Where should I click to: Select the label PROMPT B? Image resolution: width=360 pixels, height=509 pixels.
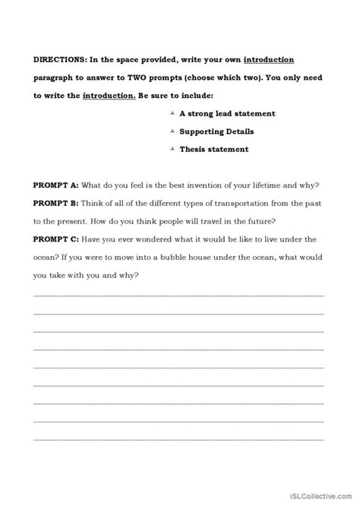tap(57, 204)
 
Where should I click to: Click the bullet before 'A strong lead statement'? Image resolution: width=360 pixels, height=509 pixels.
tap(173, 113)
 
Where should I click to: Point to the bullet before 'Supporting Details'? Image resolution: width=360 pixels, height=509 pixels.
tap(173, 131)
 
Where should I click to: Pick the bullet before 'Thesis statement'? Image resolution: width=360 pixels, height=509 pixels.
tap(173, 149)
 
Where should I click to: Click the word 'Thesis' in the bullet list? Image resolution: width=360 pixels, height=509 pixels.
tap(195, 150)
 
